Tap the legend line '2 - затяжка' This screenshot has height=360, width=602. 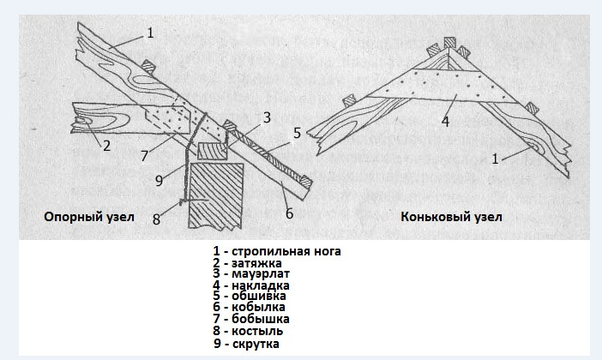coord(248,263)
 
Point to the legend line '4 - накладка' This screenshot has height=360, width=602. coord(252,285)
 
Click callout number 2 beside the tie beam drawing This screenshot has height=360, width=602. coord(106,146)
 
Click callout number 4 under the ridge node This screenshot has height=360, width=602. coord(445,121)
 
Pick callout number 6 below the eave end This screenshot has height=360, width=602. coord(289,213)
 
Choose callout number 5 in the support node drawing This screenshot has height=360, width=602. coord(297,133)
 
